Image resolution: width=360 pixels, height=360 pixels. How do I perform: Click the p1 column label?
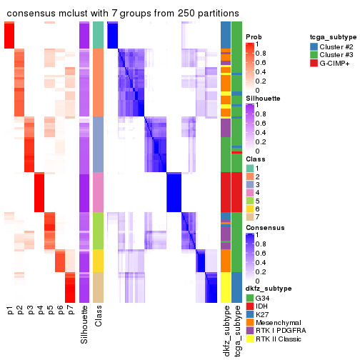click(9, 311)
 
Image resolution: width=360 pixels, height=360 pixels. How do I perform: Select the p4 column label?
click(40, 311)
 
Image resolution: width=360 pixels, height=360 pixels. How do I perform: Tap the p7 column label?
click(70, 311)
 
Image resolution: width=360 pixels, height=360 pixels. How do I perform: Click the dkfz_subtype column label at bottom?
click(226, 328)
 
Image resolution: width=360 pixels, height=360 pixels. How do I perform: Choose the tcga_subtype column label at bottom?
click(236, 328)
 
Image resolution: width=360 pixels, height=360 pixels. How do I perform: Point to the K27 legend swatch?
click(249, 314)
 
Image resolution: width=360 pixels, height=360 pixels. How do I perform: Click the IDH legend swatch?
click(249, 305)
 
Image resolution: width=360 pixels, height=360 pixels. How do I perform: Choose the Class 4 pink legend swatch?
click(249, 193)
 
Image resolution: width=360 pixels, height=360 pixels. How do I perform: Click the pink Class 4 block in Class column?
click(99, 191)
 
